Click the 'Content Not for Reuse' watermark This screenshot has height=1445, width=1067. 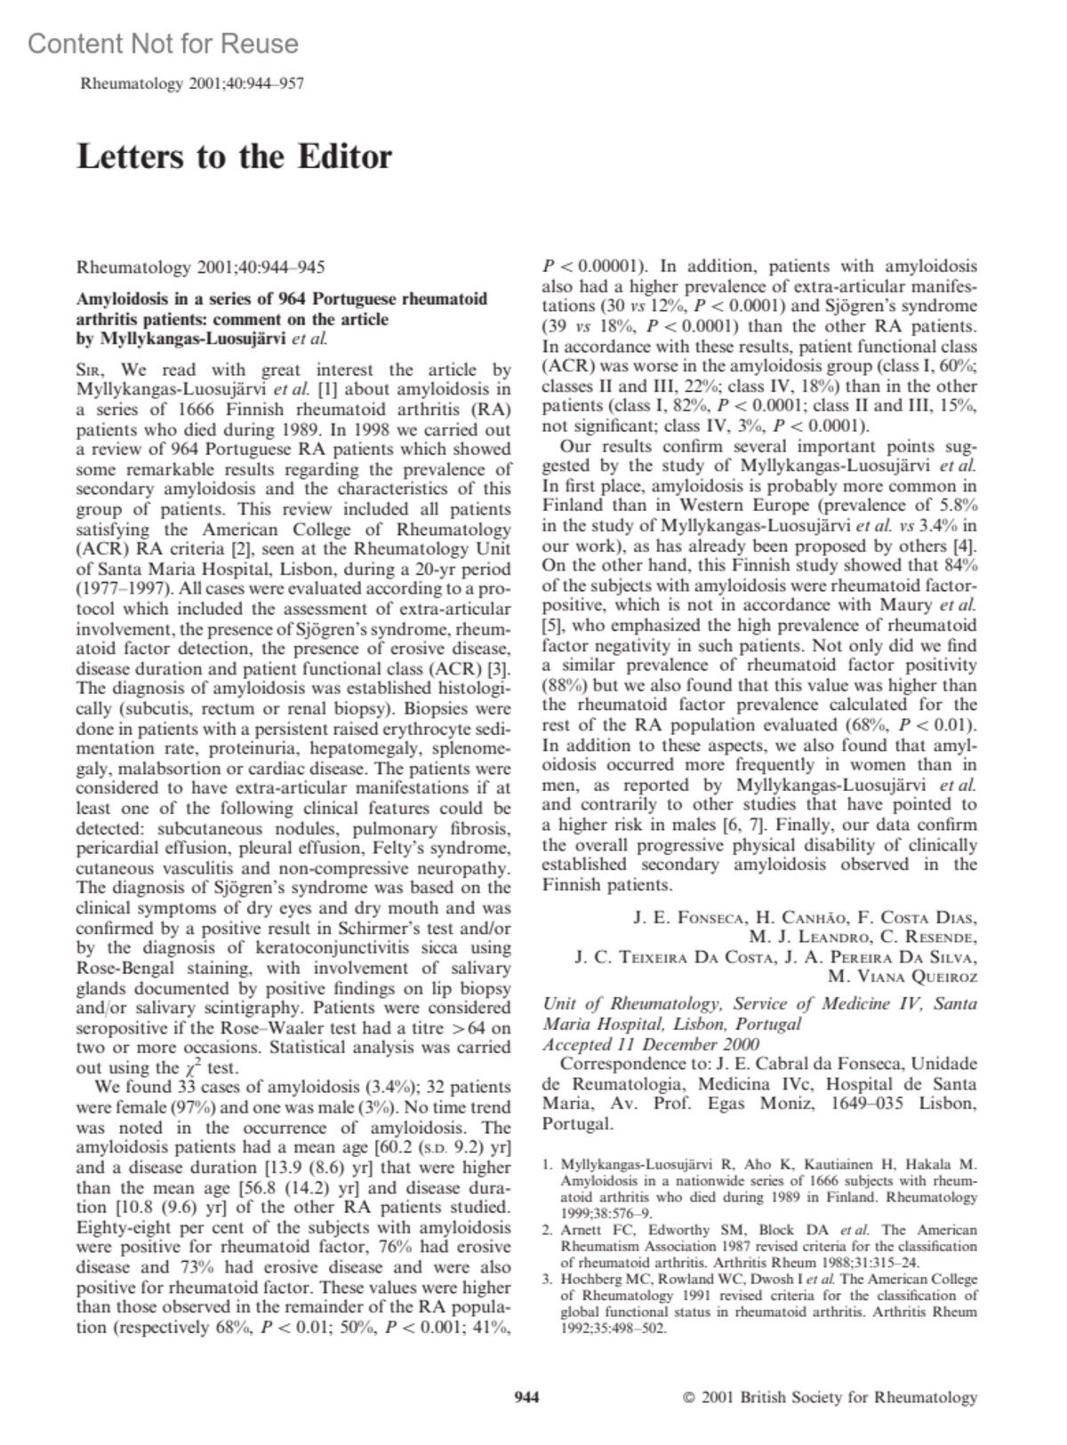163,44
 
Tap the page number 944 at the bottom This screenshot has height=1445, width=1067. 527,1397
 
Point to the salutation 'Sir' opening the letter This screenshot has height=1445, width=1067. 94,370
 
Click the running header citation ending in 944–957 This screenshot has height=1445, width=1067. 192,84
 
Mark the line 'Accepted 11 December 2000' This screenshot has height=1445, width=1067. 651,1044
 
